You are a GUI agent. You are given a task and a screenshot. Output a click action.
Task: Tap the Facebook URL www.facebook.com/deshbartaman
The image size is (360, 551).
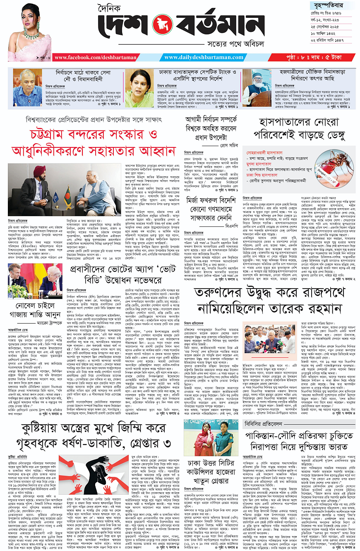point(89,58)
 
